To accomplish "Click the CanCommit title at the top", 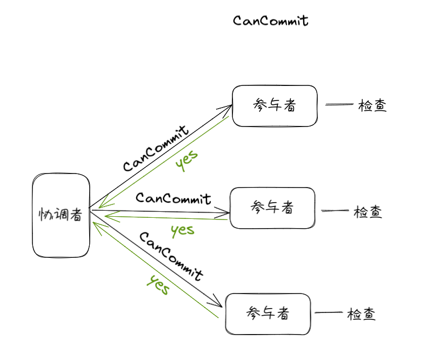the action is (271, 21).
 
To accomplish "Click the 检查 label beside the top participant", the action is (372, 105).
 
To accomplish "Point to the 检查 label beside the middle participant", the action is (368, 212).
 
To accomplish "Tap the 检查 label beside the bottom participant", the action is (361, 314).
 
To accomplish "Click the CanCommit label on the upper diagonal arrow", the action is (156, 149).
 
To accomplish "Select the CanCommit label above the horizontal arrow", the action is (174, 198).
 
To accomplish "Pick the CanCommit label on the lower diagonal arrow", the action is (171, 256).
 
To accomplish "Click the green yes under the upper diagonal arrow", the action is (186, 161).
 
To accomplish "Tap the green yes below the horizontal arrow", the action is (183, 230).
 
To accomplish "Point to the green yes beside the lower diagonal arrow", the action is (158, 285).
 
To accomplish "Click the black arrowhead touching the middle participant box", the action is (222, 212).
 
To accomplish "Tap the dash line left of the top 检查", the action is (339, 105).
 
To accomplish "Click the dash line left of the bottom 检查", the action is (329, 312).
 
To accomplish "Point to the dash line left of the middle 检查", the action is (335, 211).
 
